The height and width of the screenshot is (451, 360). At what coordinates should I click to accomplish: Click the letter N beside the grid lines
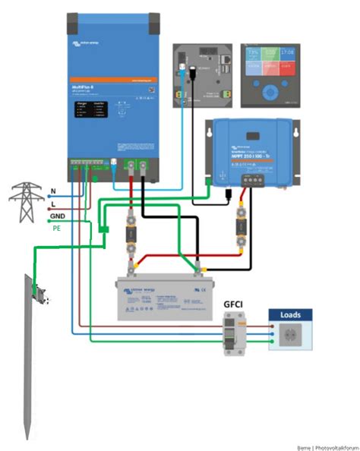53,191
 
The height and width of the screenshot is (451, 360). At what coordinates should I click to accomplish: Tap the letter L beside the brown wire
53,203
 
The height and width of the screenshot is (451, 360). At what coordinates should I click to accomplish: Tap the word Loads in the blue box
292,314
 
